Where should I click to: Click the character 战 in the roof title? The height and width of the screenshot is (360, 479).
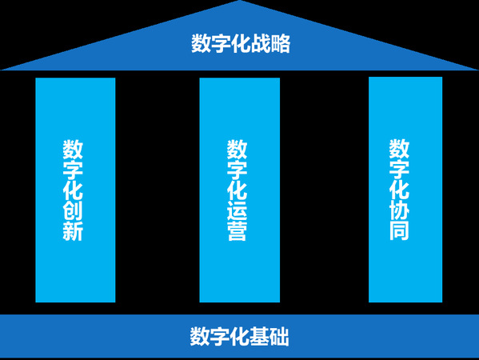[260, 43]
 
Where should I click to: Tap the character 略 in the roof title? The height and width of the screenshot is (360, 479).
[280, 43]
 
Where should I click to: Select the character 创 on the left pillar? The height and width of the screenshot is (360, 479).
[73, 210]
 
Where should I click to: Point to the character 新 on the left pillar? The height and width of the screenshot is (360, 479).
[73, 231]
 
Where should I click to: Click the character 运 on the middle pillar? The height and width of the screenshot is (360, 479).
[237, 210]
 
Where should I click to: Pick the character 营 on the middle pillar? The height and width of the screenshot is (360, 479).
[237, 231]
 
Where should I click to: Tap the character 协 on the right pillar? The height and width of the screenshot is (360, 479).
[399, 210]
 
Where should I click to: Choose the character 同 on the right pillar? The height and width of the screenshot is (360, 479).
[399, 230]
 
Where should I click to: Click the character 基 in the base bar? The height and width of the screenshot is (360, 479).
[259, 337]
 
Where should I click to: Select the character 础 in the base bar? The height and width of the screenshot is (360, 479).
[279, 337]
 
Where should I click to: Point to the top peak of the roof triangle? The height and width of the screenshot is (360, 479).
[240, 1]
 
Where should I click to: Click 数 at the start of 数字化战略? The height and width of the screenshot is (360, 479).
[201, 43]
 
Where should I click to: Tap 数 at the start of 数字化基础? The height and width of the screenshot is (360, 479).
[200, 337]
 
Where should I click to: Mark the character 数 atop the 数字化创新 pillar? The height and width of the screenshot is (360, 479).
[73, 149]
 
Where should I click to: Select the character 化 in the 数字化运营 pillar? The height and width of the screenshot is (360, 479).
[237, 190]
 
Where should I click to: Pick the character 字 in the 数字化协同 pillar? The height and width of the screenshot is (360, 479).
[399, 169]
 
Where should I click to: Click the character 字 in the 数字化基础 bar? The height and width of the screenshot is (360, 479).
[220, 337]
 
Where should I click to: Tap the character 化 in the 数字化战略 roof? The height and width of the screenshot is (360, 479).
[241, 43]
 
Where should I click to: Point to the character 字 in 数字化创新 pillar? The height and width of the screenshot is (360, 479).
[73, 170]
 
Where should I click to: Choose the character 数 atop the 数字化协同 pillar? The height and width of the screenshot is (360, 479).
[399, 149]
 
